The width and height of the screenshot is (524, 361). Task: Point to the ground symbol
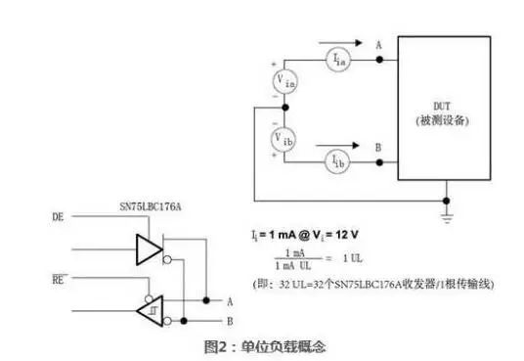pyautogui.click(x=448, y=208)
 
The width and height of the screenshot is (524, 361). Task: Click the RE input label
pyautogui.click(x=57, y=278)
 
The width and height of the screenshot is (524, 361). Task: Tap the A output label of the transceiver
pyautogui.click(x=229, y=301)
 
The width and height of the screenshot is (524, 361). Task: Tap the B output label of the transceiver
pyautogui.click(x=229, y=319)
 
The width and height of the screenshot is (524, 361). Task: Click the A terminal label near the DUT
pyautogui.click(x=380, y=44)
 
